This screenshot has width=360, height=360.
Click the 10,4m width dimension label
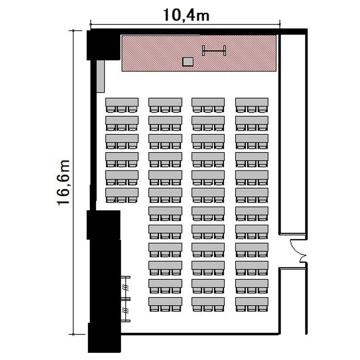coord(186,15)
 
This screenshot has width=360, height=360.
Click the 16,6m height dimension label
coord(63,182)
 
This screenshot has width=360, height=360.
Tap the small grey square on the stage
coord(188,62)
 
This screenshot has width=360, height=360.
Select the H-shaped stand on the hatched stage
coord(214,50)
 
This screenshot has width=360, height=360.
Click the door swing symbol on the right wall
coord(298,251)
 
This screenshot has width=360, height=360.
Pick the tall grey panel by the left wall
coord(100,76)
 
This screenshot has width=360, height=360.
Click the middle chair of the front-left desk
coord(121,109)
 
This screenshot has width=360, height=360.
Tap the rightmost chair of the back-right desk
coord(263,308)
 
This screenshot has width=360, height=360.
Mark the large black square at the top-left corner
coord(103,45)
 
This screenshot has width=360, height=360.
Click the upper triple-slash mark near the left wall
coord(125,288)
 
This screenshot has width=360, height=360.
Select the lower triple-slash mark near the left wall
coord(125,311)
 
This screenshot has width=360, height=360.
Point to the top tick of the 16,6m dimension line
coord(73,30)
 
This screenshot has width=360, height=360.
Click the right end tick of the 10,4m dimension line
coord(280,24)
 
